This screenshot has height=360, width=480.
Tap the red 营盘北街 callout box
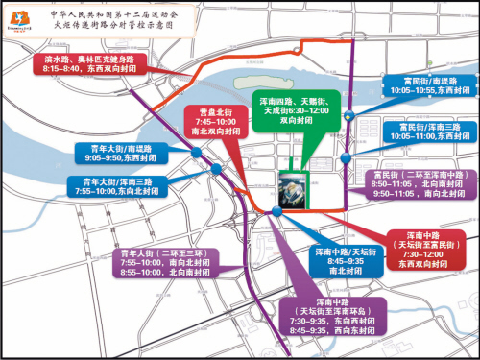[x=214, y=123]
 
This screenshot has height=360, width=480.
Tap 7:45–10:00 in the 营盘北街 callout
[x=214, y=122]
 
